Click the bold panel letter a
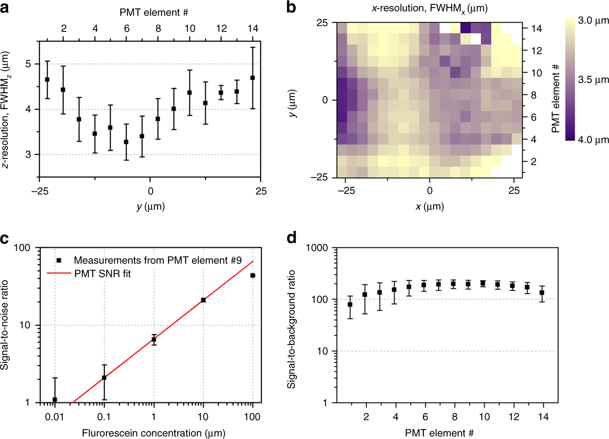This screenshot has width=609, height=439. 5,7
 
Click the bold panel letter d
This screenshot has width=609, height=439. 292,238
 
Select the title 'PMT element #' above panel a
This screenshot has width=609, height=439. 154,13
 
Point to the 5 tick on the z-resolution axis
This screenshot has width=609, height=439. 28,64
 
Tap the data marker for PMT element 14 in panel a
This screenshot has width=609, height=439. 253,78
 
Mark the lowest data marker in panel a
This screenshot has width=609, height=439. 126,142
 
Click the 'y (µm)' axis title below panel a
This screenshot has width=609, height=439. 150,206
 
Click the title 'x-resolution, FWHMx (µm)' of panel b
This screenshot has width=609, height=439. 429,8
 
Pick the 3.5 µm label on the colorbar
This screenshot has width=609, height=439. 593,80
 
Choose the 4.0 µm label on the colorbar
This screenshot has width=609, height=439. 593,140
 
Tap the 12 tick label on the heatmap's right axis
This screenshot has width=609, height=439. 536,51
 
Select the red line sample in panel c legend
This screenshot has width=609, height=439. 59,274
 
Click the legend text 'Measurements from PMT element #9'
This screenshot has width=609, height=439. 158,260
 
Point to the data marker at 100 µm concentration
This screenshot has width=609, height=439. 253,276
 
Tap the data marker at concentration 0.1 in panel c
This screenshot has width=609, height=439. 104,378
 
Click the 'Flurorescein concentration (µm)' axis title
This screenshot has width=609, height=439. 154,433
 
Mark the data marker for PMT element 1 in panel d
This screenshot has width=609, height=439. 350,305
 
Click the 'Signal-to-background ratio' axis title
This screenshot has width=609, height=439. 291,329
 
